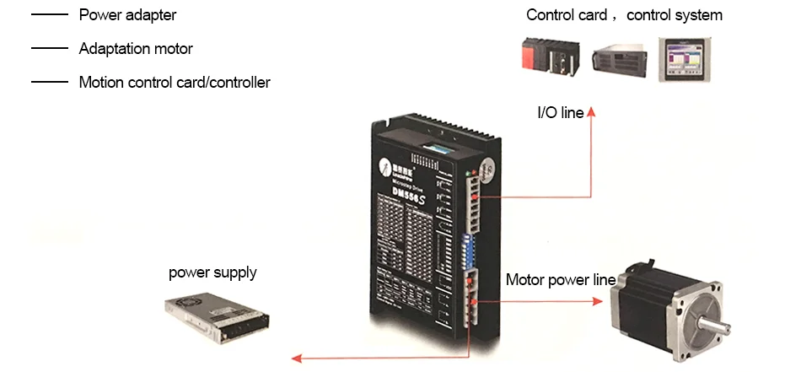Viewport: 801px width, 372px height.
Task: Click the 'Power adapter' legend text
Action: (x=127, y=15)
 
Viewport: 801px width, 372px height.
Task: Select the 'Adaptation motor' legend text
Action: (x=136, y=49)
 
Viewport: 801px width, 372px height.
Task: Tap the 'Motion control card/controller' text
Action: (x=175, y=83)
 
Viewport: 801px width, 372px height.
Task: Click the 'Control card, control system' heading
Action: (x=624, y=15)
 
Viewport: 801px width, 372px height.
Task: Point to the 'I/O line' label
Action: (x=560, y=112)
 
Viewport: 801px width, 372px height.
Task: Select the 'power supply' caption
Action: (x=212, y=272)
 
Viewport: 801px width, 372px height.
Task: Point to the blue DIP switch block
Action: (x=467, y=250)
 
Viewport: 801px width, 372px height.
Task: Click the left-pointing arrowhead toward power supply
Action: (x=296, y=359)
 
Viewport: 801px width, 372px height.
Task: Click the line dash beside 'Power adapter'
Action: (x=49, y=15)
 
